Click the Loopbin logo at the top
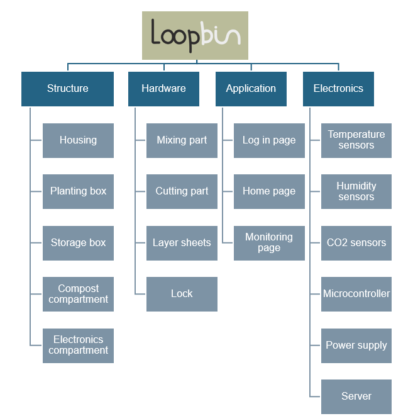[195, 35]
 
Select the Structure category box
[67, 89]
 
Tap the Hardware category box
[163, 89]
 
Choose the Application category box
[251, 89]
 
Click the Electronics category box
[338, 89]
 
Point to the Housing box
[78, 140]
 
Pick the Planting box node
[78, 191]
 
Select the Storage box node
[78, 243]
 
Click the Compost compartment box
[78, 294]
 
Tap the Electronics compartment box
[78, 346]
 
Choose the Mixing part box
[182, 140]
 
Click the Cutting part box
[182, 191]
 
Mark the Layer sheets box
[182, 243]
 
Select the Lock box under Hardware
[182, 294]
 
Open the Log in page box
[269, 140]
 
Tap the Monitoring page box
[269, 243]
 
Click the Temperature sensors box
[356, 140]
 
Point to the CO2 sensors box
[356, 243]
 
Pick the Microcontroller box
[356, 294]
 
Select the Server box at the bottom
[356, 396]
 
